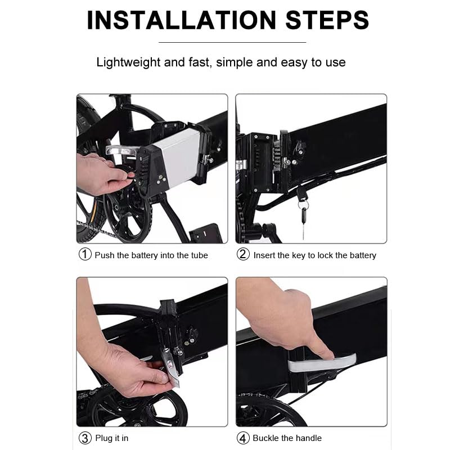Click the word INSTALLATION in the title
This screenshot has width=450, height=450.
pyautogui.click(x=181, y=20)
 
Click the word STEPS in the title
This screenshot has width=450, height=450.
pyautogui.click(x=327, y=20)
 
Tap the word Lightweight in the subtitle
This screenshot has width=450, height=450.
pyautogui.click(x=128, y=62)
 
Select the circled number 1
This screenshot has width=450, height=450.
pyautogui.click(x=85, y=254)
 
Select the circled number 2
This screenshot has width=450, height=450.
pyautogui.click(x=243, y=254)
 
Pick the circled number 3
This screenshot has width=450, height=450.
pyautogui.click(x=85, y=438)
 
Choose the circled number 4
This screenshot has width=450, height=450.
pyautogui.click(x=243, y=438)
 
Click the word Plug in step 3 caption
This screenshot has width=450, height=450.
pyautogui.click(x=104, y=439)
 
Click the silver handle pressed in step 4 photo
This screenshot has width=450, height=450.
pyautogui.click(x=321, y=363)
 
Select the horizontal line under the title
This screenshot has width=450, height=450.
pyautogui.click(x=232, y=43)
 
